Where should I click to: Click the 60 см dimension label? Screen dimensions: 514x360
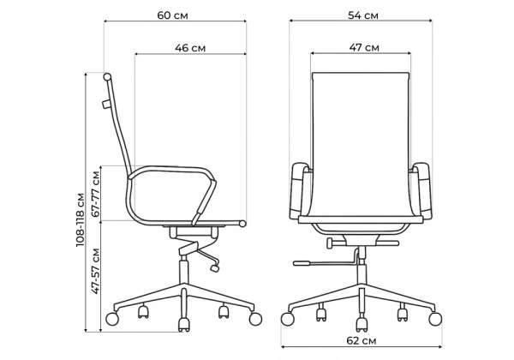pos(172,15)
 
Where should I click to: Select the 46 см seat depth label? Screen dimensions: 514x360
pos(190,48)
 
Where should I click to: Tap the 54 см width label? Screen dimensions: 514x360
pos(363,15)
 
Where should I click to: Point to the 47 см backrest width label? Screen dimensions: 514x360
pos(364,47)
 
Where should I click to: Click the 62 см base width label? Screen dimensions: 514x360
pos(361,340)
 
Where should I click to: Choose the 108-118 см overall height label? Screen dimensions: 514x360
pos(81,220)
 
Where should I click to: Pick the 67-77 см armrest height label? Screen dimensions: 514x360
pos(96,194)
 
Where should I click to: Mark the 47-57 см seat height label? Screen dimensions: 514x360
pos(95,271)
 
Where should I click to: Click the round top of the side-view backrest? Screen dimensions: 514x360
pos(107,77)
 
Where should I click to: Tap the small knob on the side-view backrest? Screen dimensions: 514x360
pos(105,105)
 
